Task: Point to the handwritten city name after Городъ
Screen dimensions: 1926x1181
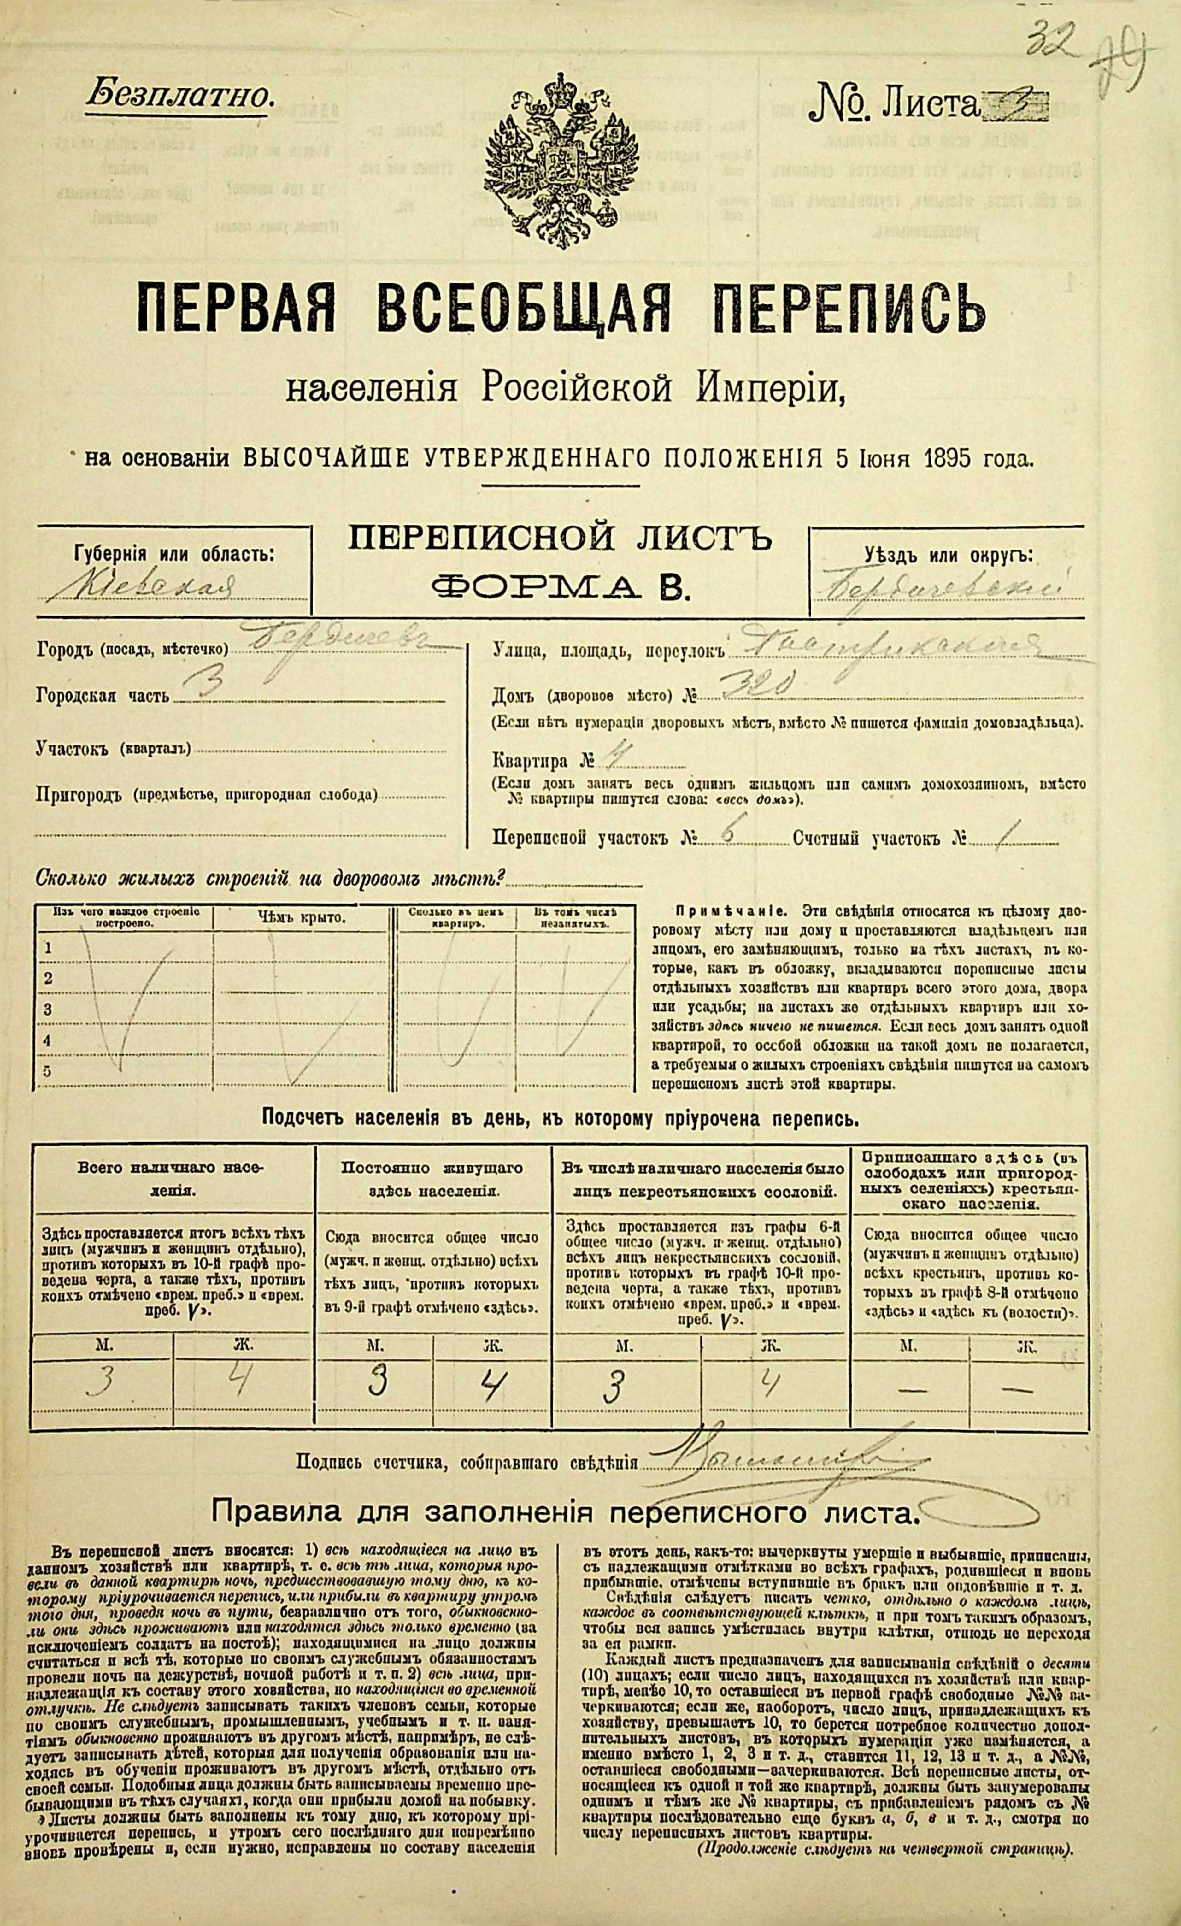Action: [x=336, y=643]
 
